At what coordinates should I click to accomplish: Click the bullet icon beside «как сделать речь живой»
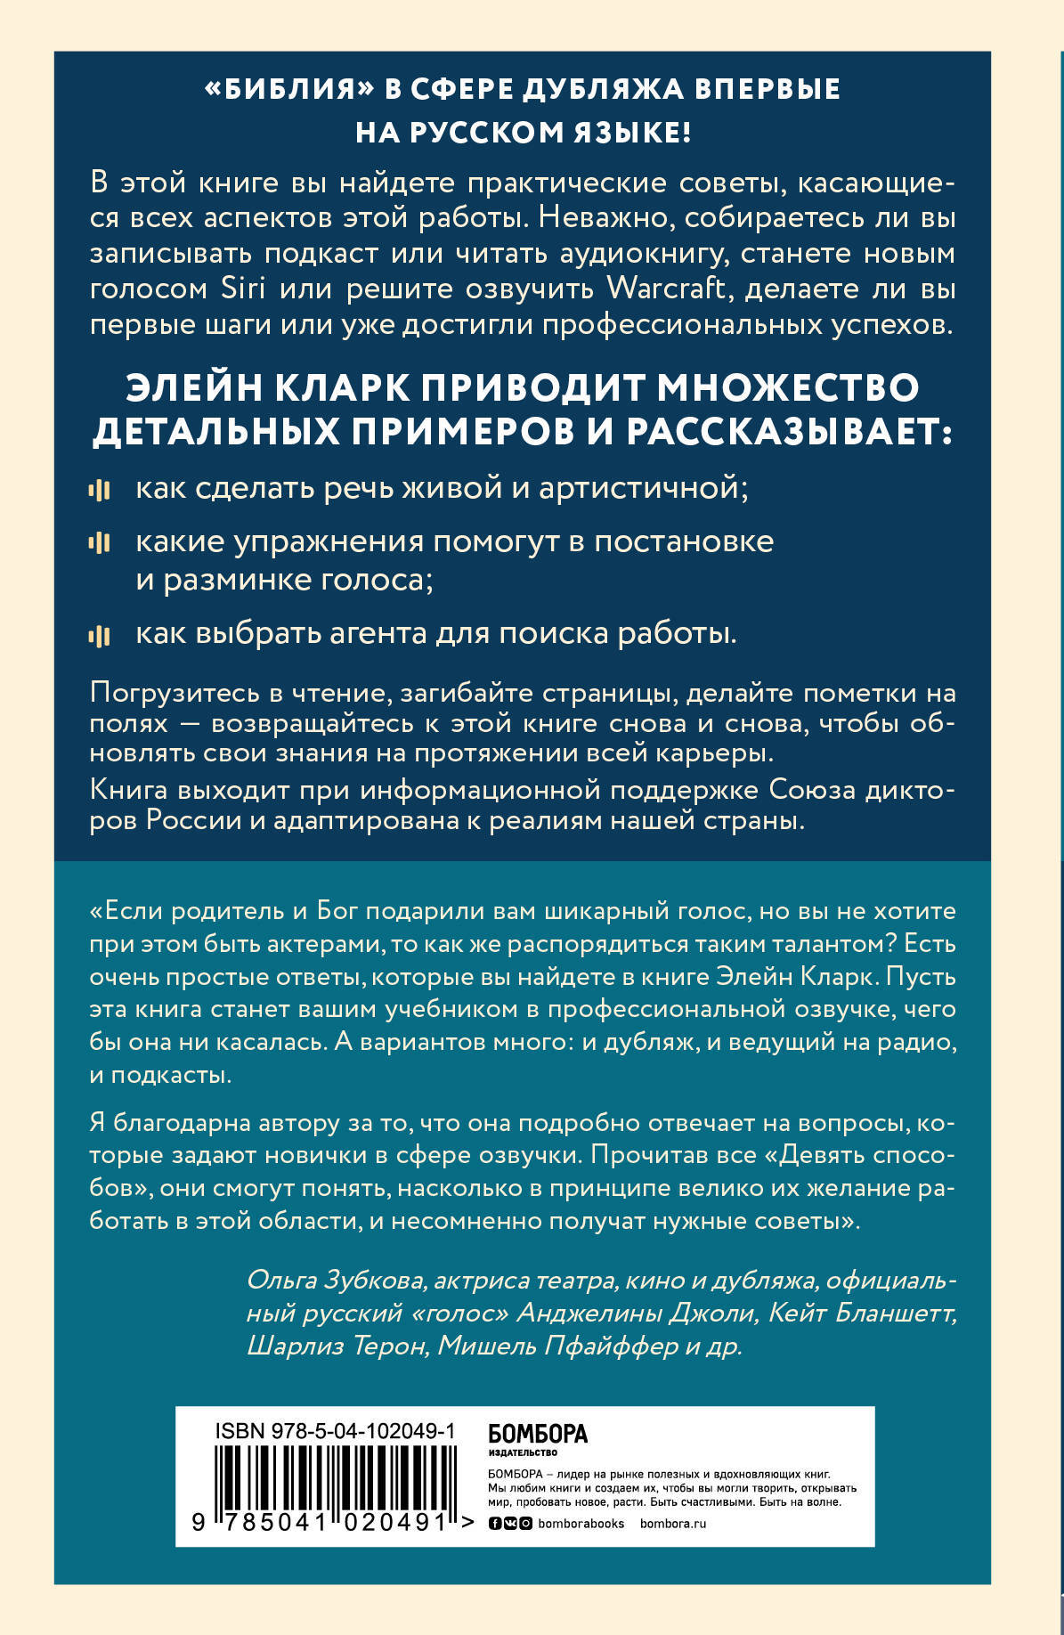pyautogui.click(x=100, y=490)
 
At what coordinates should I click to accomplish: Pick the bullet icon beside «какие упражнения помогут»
pyautogui.click(x=100, y=542)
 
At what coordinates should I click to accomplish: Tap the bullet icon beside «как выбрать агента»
pyautogui.click(x=100, y=635)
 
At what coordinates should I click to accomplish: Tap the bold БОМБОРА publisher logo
pyautogui.click(x=538, y=1433)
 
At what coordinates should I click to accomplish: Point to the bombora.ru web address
pyautogui.click(x=672, y=1524)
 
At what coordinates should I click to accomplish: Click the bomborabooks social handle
pyautogui.click(x=581, y=1524)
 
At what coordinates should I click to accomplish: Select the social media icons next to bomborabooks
pyautogui.click(x=510, y=1524)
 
